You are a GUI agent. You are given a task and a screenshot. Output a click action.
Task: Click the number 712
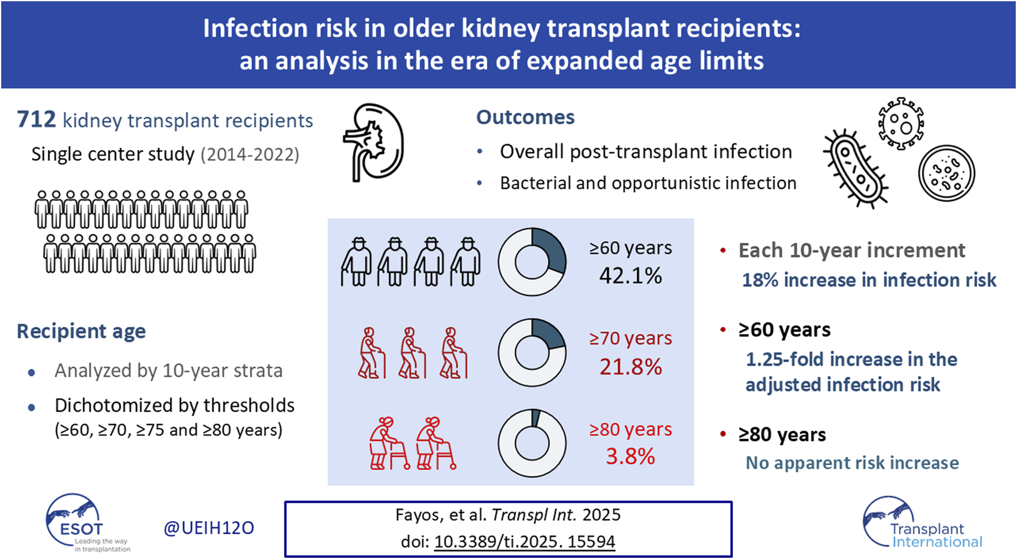coord(37,120)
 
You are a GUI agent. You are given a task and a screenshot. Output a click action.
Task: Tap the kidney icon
coord(374,142)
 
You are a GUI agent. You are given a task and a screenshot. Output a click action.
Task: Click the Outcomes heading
coord(525,117)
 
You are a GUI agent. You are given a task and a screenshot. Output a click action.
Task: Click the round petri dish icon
coord(946,173)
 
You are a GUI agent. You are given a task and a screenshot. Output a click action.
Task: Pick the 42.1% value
coord(630,276)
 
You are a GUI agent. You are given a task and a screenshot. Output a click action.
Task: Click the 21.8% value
coord(630,367)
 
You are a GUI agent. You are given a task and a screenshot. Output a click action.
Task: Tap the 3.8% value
coord(630,457)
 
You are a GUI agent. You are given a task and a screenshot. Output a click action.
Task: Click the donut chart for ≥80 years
coord(532,442)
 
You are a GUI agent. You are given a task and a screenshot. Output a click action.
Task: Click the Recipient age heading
coord(81,331)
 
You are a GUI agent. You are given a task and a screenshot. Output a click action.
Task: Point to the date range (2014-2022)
coord(250,154)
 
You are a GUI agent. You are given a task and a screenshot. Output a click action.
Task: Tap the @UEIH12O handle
coord(209,528)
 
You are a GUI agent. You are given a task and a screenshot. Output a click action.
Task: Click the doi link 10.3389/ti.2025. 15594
coord(525,542)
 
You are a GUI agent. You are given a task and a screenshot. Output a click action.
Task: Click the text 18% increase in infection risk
coord(869,280)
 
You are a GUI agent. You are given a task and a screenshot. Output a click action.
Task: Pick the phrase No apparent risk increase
coord(852,463)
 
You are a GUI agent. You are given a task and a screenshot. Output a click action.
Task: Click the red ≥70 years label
coord(630,339)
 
